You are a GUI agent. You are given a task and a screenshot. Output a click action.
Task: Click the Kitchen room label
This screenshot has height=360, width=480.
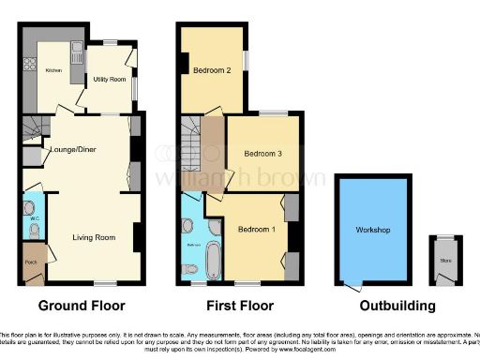[x=53, y=71]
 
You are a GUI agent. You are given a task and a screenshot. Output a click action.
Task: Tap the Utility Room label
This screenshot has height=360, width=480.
[x=109, y=80]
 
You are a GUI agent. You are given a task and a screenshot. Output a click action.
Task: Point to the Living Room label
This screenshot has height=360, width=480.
[x=94, y=238]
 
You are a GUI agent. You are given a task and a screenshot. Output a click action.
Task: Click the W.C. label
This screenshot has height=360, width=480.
[x=34, y=218]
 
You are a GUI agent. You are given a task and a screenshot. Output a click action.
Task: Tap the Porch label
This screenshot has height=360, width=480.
[x=30, y=262]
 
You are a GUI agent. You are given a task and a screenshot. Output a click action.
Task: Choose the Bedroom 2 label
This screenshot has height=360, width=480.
[x=213, y=71]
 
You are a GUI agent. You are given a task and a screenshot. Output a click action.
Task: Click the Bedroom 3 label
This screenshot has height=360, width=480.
[x=262, y=154]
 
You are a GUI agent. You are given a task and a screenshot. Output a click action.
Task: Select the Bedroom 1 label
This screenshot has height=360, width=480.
[x=255, y=230]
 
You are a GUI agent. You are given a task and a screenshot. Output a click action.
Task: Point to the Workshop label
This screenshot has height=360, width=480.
[x=372, y=230]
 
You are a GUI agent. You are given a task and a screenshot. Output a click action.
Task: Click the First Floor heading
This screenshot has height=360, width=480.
[x=240, y=306]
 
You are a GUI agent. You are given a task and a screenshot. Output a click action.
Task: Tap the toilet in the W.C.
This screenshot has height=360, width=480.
[x=29, y=204]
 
